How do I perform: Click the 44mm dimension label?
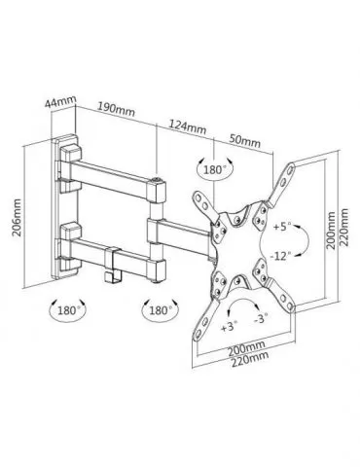(x=60, y=102)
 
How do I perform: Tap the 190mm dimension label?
(x=116, y=109)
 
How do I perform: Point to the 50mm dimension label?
(x=245, y=140)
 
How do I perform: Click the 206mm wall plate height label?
(x=17, y=218)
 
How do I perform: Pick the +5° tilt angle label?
(x=282, y=227)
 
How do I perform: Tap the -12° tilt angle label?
(x=279, y=256)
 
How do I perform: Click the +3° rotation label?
(x=230, y=326)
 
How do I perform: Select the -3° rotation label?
(x=262, y=318)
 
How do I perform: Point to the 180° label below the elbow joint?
(x=161, y=310)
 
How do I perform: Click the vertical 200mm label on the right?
(x=331, y=231)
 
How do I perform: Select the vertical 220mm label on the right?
(x=344, y=227)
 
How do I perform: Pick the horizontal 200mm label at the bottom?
(x=246, y=347)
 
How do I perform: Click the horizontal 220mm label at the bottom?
(x=250, y=358)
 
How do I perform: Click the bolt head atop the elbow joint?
(x=157, y=179)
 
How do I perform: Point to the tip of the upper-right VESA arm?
(x=291, y=166)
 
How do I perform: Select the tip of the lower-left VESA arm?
(x=198, y=337)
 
